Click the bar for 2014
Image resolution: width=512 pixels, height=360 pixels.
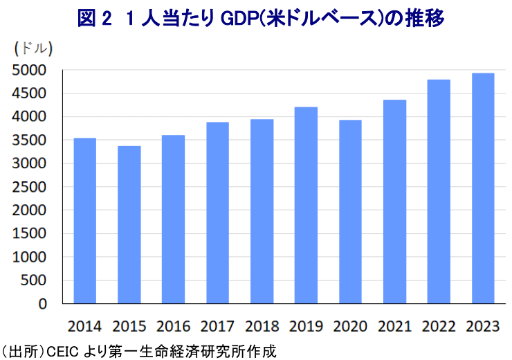pos(85,221)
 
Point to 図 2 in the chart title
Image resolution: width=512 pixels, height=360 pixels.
pos(93,19)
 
